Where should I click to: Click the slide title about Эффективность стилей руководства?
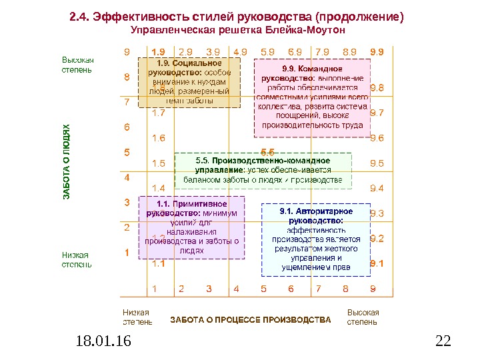click(237, 16)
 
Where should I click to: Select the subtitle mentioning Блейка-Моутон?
click(239, 31)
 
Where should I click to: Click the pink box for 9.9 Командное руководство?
click(313, 97)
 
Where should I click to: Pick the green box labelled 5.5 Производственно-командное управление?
click(263, 170)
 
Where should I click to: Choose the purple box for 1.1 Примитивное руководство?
click(191, 227)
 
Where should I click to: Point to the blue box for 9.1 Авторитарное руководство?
click(316, 239)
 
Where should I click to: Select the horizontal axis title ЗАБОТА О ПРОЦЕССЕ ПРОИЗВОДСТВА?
click(250, 320)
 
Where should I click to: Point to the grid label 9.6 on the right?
click(377, 138)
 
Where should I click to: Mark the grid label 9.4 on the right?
click(377, 188)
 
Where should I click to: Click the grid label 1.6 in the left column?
click(159, 138)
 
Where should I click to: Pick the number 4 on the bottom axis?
click(236, 289)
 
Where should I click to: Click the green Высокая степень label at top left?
click(78, 64)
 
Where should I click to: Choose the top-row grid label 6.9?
click(294, 51)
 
